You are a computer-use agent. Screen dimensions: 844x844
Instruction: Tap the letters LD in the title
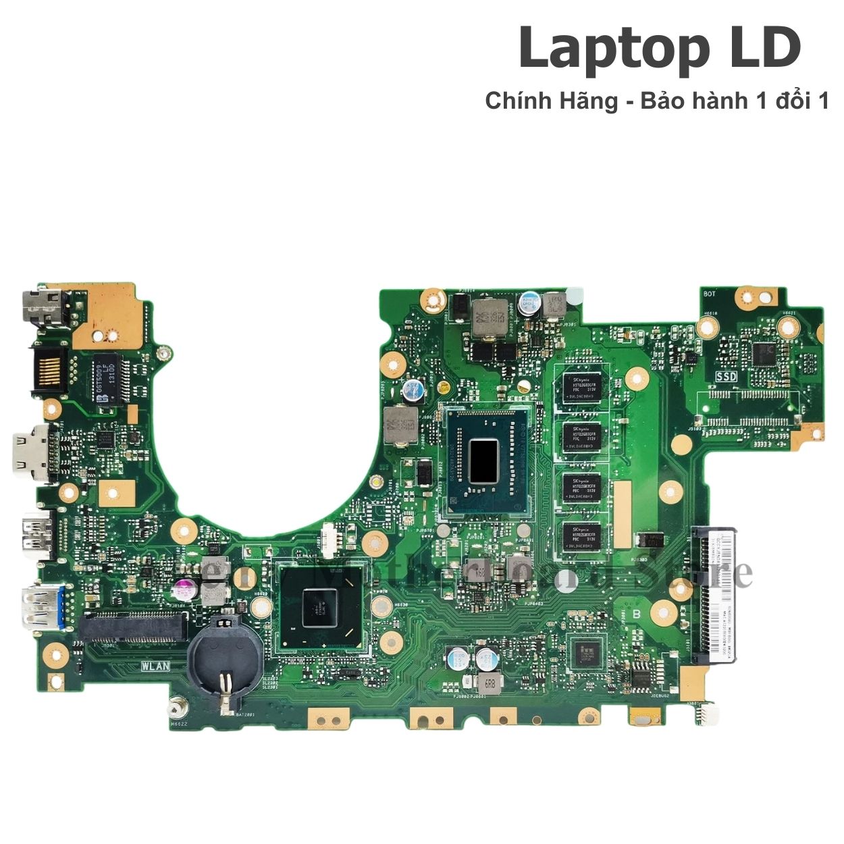[763, 49]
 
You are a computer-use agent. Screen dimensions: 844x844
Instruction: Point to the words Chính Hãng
[551, 101]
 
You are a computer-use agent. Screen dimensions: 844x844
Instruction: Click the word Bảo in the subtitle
[660, 101]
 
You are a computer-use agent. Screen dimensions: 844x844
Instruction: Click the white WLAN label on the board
[155, 665]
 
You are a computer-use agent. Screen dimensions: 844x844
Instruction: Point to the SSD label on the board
[726, 376]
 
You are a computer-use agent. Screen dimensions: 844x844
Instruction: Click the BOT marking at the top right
[709, 294]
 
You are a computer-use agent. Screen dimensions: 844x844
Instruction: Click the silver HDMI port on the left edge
[32, 456]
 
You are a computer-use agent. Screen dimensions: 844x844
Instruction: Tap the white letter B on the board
[635, 614]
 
